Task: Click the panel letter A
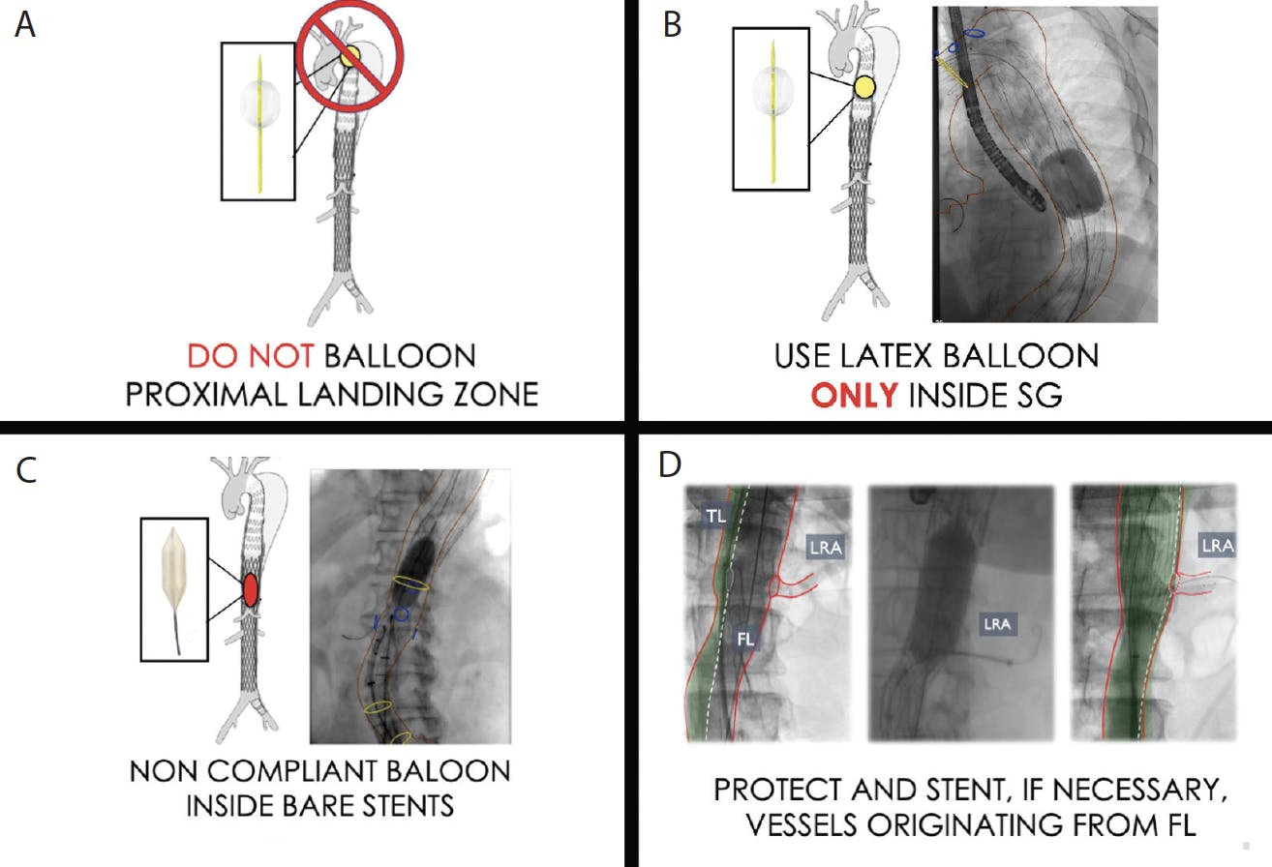click(x=25, y=25)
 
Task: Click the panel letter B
click(x=673, y=25)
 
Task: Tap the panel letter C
click(x=27, y=470)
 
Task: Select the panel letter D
click(x=670, y=464)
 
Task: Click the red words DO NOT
click(x=250, y=356)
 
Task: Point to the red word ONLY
click(x=854, y=395)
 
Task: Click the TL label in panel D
click(x=715, y=516)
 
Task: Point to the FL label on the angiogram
click(x=744, y=639)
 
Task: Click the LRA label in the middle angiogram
click(x=997, y=624)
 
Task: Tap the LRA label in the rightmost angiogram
click(x=1217, y=546)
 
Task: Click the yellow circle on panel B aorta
click(x=864, y=87)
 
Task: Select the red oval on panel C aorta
click(x=251, y=590)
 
